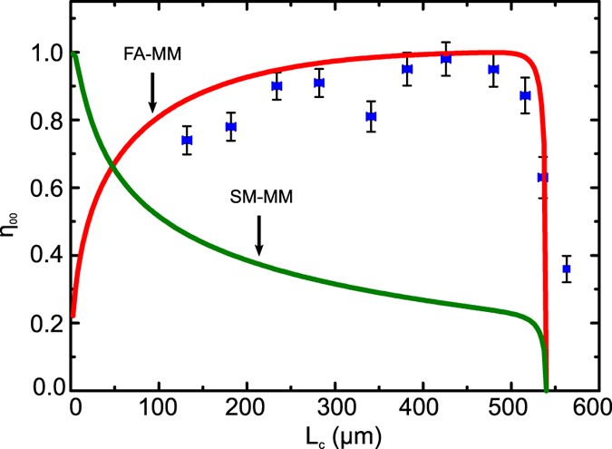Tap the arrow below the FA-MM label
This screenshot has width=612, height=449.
point(152,96)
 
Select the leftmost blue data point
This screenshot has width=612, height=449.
point(188,141)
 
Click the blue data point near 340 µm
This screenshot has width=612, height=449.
point(371,116)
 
